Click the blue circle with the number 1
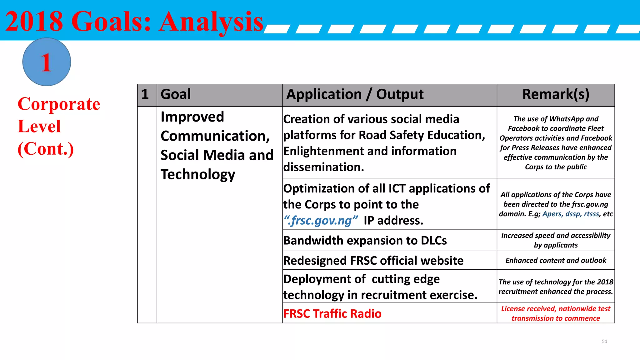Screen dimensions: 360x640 click(47, 62)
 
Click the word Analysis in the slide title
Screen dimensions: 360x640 click(211, 22)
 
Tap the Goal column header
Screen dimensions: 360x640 click(176, 94)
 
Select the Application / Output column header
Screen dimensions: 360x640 click(355, 94)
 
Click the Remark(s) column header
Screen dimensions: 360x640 click(556, 94)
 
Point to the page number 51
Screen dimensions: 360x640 click(604, 341)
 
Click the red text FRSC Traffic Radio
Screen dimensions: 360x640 click(332, 313)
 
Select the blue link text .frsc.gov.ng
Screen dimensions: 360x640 click(320, 221)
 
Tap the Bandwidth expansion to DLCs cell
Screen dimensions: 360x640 click(365, 240)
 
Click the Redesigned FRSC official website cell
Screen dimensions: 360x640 click(373, 260)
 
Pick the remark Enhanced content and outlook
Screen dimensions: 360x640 click(556, 260)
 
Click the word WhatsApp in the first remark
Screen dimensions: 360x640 click(567, 119)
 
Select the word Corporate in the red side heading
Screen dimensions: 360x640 click(59, 104)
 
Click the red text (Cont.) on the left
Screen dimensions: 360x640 click(46, 149)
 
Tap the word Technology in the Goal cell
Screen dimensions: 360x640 click(197, 174)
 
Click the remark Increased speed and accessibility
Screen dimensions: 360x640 click(556, 240)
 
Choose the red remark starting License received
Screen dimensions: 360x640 click(556, 313)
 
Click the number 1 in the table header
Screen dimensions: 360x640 click(145, 94)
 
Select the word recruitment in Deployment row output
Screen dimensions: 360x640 click(408, 295)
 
